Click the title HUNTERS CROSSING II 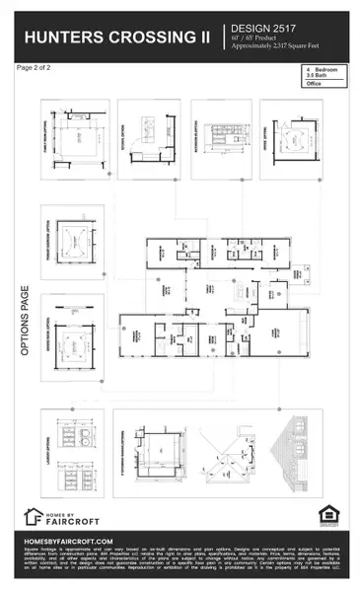click(x=117, y=37)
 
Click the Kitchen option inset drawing click(x=149, y=139)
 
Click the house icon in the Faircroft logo click(x=33, y=516)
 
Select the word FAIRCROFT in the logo click(x=81, y=520)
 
